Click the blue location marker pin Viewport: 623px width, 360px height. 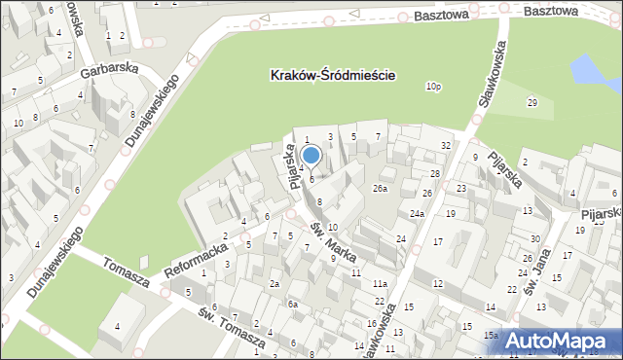(311, 155)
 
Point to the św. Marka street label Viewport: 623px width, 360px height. (333, 239)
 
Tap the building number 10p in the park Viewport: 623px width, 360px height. (433, 87)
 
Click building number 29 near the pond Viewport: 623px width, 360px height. (531, 102)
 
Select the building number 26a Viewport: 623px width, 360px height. (380, 189)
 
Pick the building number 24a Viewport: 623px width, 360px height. (417, 213)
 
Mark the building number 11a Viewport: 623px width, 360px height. (380, 283)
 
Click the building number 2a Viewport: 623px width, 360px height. (275, 283)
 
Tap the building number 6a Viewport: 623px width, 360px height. (292, 305)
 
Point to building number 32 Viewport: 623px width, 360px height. (445, 145)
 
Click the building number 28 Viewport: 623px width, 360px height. (435, 173)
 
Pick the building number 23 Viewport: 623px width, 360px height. (461, 188)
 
